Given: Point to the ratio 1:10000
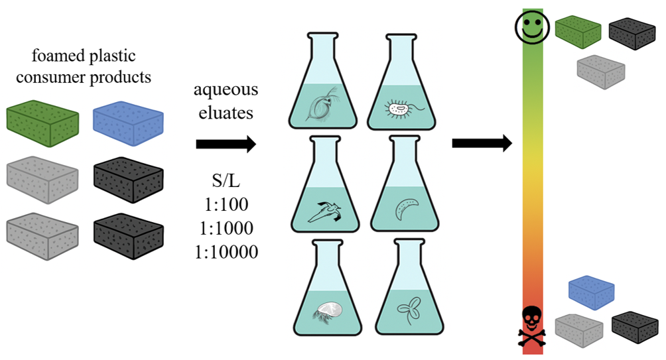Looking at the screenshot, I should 225,251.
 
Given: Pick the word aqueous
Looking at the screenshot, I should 226,90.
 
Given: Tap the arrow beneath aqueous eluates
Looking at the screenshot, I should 226,144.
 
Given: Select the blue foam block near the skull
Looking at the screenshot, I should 592,292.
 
